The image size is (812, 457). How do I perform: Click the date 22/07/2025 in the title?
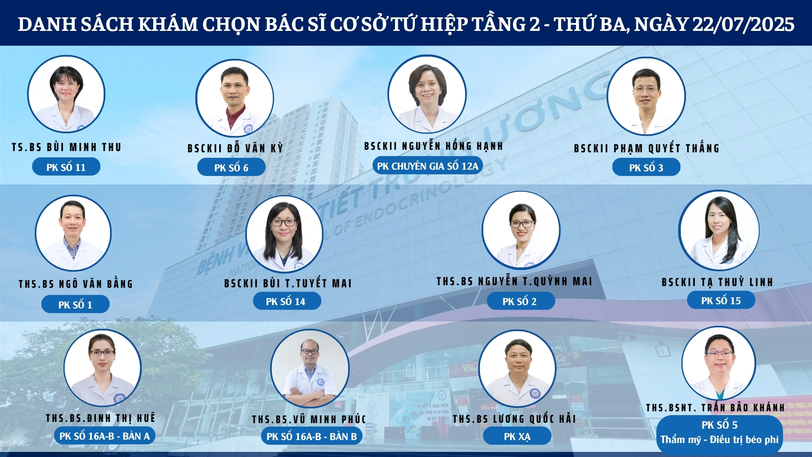point(743,24)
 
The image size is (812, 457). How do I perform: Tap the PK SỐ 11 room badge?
point(66,167)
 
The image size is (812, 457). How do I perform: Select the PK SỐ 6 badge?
point(231,168)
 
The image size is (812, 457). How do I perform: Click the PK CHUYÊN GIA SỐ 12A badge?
point(428,166)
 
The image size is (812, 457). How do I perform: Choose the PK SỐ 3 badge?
point(646,168)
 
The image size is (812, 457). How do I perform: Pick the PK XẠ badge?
point(517,436)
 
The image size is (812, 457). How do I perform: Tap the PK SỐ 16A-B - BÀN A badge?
point(104,436)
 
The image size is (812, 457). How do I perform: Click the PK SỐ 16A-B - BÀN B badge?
point(312,436)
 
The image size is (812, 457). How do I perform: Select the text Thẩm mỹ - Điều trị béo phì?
point(719,440)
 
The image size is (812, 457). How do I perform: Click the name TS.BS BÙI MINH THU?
point(66,147)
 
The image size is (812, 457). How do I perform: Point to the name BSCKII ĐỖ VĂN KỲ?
point(235,148)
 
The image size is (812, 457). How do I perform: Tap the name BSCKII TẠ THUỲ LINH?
point(717,282)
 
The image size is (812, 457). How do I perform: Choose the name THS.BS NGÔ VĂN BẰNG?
point(76,284)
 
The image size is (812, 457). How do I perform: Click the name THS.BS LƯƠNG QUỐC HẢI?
point(514,419)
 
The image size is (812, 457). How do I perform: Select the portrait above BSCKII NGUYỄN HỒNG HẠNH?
point(427,94)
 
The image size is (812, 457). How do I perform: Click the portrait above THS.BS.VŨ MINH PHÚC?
point(310,369)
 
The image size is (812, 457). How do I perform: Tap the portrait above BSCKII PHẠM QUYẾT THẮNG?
point(646,96)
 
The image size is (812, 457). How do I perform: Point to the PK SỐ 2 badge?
point(520,301)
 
